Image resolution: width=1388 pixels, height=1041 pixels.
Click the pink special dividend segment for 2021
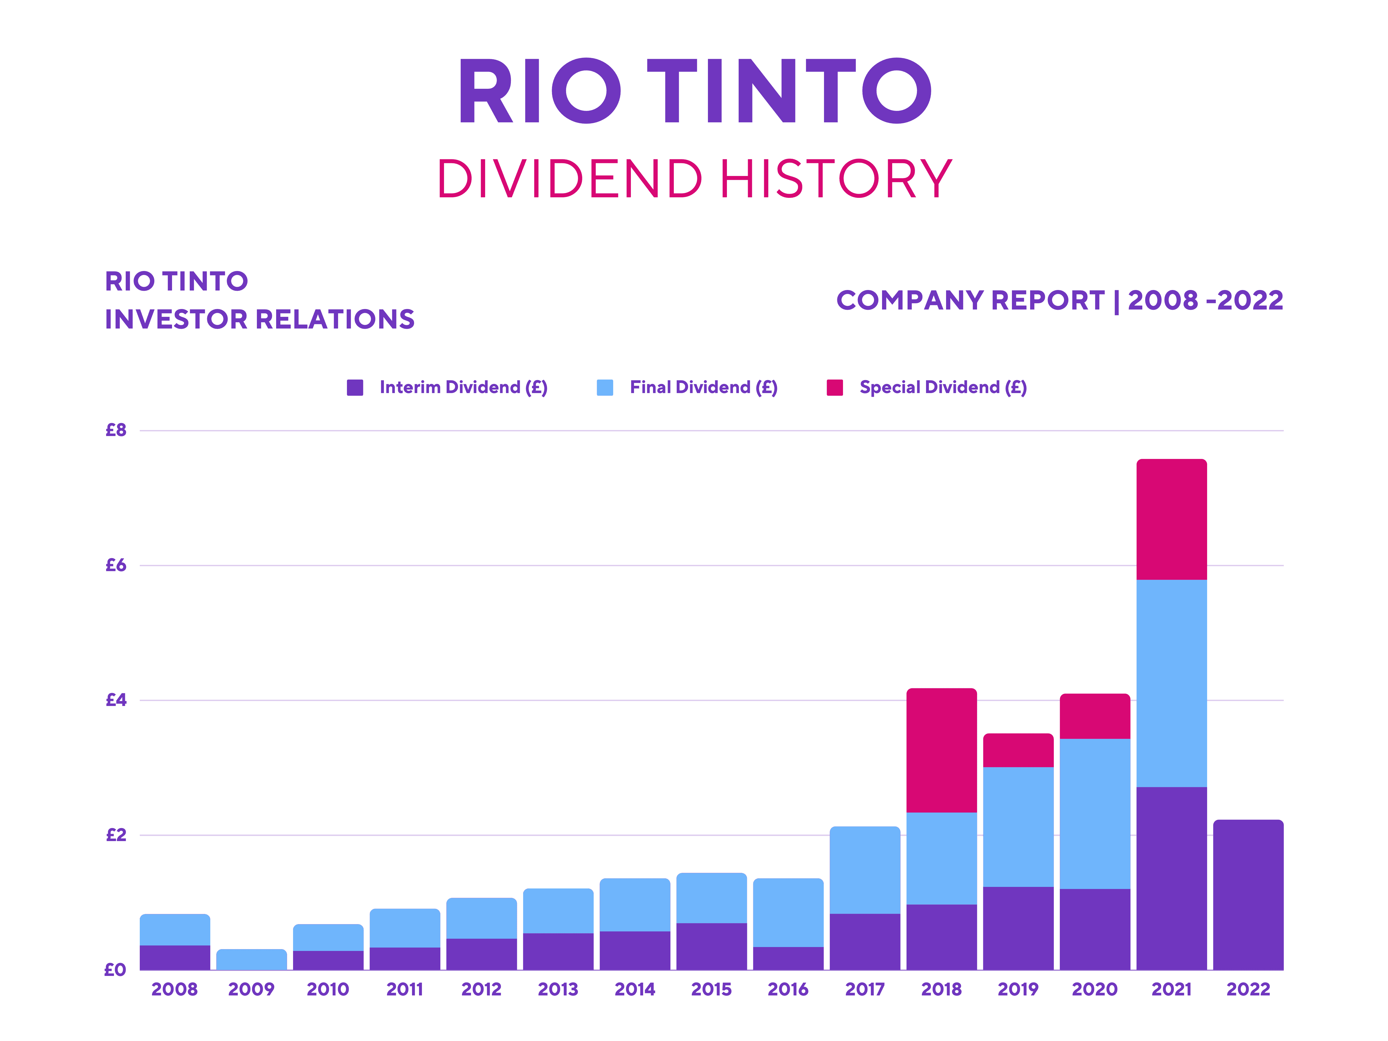tap(1171, 520)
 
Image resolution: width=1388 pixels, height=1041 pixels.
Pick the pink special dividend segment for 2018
tap(941, 750)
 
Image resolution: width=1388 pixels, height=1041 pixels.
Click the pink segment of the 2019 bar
tap(1018, 750)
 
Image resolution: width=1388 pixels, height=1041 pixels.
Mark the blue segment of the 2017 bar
tap(865, 870)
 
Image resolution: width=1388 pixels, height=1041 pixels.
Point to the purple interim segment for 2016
tap(788, 958)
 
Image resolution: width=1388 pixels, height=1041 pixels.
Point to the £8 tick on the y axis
tap(116, 431)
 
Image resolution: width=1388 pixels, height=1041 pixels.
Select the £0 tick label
tap(115, 970)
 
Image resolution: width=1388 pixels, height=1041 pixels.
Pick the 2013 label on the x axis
tap(558, 989)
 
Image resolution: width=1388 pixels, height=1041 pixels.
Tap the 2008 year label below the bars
tap(174, 989)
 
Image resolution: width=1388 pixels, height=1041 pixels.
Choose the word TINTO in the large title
tap(789, 92)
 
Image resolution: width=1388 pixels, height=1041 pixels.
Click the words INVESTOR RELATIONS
tap(260, 319)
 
